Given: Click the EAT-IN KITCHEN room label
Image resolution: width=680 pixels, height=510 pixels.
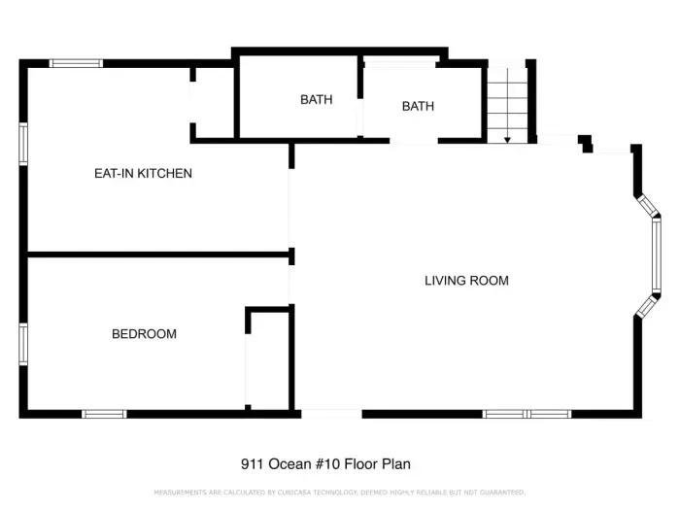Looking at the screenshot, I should (x=143, y=174).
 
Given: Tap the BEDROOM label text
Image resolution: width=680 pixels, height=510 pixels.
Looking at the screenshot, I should (x=144, y=334).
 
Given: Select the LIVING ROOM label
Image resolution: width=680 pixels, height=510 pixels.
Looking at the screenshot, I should (x=466, y=281).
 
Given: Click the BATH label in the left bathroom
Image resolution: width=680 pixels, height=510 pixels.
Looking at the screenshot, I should (x=316, y=99).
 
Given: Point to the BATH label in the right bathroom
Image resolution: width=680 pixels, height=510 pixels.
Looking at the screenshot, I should (x=418, y=106).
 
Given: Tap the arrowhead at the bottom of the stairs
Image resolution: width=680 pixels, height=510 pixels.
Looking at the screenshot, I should (x=507, y=139).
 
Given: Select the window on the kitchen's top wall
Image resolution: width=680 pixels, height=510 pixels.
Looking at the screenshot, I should (x=76, y=63).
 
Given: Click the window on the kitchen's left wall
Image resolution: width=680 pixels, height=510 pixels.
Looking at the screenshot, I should (x=23, y=144).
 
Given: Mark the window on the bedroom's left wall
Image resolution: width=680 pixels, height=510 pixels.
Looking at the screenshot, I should (x=23, y=343).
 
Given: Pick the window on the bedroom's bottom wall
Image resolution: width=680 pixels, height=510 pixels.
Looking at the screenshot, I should (x=104, y=414).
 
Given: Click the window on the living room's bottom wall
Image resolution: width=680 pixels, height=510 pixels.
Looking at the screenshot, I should (x=527, y=414).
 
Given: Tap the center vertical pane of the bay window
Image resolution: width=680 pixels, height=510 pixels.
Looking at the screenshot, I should (x=657, y=255).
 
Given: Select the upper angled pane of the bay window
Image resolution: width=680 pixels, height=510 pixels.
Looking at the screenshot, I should (x=646, y=206).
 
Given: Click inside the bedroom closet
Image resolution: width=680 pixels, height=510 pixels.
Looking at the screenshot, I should (x=269, y=359).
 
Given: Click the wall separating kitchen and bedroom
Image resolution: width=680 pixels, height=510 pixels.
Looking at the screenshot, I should (x=155, y=255).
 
